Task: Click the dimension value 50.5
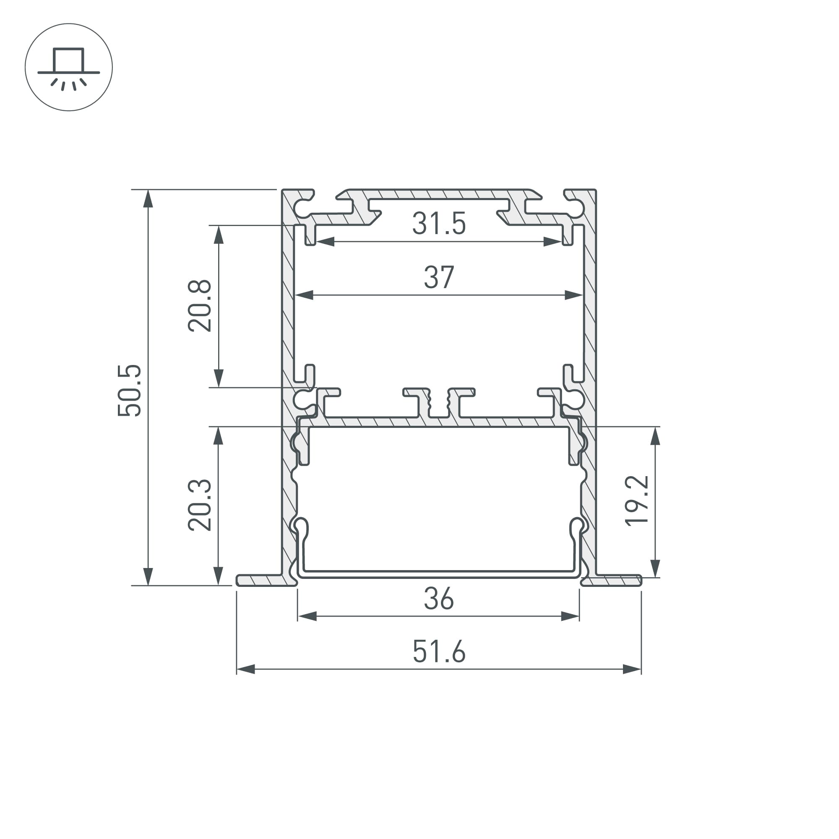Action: tap(129, 391)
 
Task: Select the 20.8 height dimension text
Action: tap(199, 306)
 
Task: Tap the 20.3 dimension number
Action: tap(199, 505)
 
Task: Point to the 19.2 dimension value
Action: tap(637, 501)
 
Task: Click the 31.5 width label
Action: tap(439, 224)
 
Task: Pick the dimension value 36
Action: tap(439, 599)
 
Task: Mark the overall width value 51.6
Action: tap(439, 652)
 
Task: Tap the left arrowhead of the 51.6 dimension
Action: tap(246, 669)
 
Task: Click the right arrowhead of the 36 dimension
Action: tap(570, 616)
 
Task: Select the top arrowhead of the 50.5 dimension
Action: tap(149, 199)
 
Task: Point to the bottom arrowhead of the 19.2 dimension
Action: tap(655, 568)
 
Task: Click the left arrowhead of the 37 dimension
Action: tap(304, 295)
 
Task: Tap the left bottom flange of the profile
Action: tap(263, 581)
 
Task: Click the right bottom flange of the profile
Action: tap(612, 581)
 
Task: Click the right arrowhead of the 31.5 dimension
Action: tap(552, 242)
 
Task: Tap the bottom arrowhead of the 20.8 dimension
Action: tap(219, 378)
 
